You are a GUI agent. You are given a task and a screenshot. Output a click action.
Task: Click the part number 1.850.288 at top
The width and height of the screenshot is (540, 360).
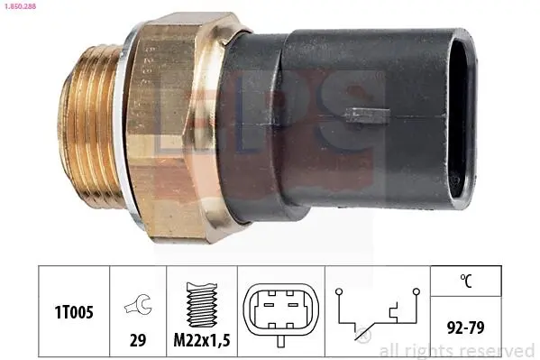[21, 5]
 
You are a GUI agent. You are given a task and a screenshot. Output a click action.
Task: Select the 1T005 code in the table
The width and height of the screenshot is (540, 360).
[74, 312]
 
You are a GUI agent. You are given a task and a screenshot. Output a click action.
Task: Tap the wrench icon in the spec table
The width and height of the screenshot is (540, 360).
[138, 304]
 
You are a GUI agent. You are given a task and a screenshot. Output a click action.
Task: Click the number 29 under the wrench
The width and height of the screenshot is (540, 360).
[138, 340]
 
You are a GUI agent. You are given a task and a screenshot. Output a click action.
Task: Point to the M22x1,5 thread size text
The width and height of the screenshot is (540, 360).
[202, 341]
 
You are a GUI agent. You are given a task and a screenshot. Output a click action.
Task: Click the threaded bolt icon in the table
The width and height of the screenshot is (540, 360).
[202, 304]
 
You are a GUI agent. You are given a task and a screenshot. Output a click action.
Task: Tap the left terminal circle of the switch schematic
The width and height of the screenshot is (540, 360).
[339, 291]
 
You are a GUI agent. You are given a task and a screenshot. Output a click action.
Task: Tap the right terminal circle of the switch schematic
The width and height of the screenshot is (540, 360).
[416, 291]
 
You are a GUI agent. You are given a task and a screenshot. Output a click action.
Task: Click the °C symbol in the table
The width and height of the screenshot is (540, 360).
[466, 281]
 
